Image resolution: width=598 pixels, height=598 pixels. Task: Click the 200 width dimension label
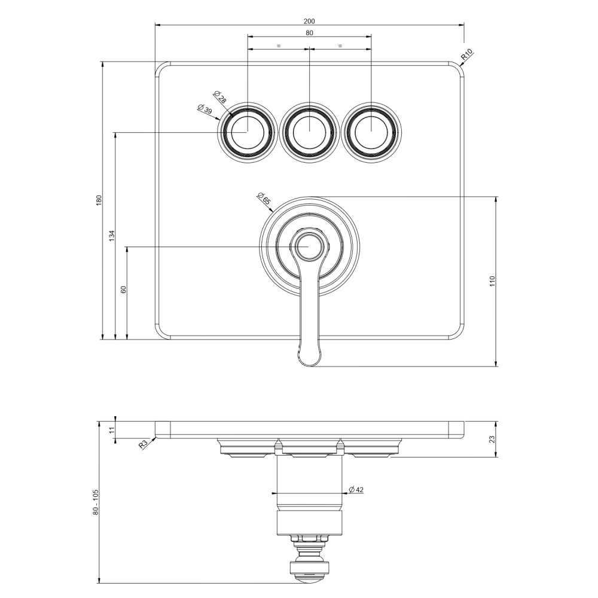pyautogui.click(x=309, y=21)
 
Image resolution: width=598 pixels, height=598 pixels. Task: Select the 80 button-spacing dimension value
pyautogui.click(x=309, y=33)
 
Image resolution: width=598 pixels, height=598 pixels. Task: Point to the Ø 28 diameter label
pyautogui.click(x=220, y=97)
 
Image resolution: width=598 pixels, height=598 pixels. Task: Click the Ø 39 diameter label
pyautogui.click(x=205, y=109)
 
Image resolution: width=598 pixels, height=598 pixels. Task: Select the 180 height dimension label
pyautogui.click(x=99, y=200)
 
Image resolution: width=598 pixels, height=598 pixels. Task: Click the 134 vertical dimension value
pyautogui.click(x=112, y=236)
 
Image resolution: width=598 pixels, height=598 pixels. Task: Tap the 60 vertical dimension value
pyautogui.click(x=124, y=289)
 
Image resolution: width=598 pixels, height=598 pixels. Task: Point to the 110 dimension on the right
pyautogui.click(x=492, y=282)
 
